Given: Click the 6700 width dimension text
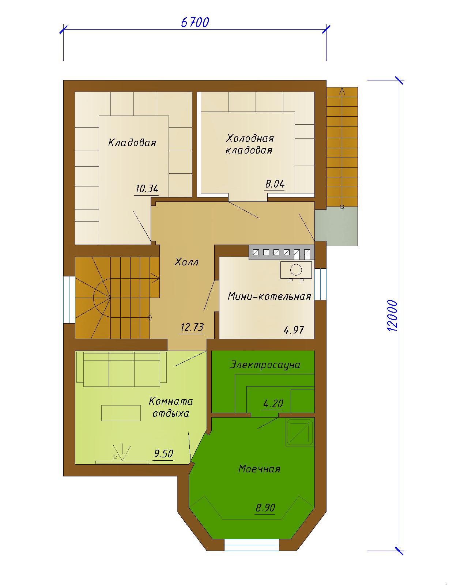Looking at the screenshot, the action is (x=195, y=23).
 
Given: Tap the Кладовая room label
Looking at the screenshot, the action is (x=132, y=143).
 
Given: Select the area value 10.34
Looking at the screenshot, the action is (x=147, y=189).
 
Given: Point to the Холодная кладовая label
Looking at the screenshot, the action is (x=249, y=144).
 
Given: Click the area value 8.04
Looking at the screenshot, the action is (x=275, y=184).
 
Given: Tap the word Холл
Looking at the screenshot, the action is (x=186, y=262).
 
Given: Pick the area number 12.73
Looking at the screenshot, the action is (x=192, y=327).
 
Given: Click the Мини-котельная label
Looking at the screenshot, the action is (x=269, y=296).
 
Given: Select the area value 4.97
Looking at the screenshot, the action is (x=294, y=330).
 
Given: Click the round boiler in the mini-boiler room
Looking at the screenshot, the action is (x=296, y=270).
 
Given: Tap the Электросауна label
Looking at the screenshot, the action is (x=265, y=365).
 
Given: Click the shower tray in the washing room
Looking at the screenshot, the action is (x=300, y=432).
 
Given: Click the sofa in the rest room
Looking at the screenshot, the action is (x=121, y=369).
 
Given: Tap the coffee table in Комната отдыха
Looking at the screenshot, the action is (x=121, y=413).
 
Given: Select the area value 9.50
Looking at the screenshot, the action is (x=163, y=453).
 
